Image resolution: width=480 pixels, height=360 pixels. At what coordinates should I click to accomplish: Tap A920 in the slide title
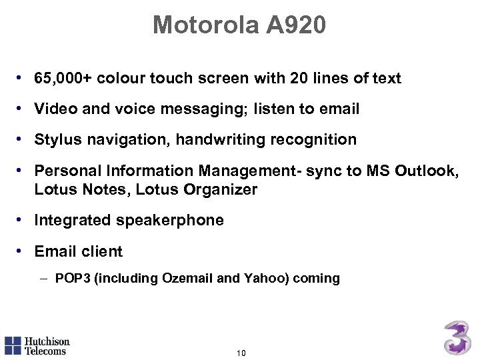pos(297,25)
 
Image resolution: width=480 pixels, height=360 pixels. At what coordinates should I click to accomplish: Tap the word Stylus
pos(56,139)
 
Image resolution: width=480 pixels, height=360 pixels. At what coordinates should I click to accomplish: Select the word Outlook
pos(426,171)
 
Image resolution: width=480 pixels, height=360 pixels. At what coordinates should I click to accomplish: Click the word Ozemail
pos(187,278)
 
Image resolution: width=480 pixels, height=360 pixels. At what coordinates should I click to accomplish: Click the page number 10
pos(241,353)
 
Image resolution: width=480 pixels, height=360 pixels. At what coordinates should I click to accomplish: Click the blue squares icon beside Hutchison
pos(13,345)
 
